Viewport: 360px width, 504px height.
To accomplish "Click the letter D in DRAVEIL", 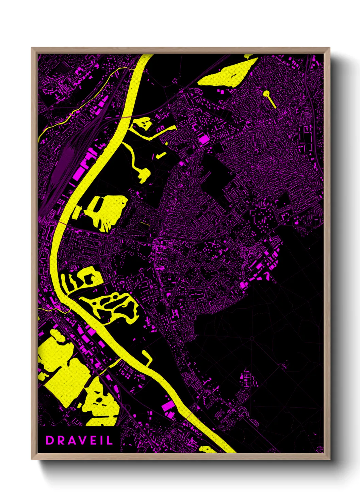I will point(50,440).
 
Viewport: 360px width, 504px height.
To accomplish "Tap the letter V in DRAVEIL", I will point(79,440).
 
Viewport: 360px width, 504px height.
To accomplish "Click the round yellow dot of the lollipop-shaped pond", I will point(266,93).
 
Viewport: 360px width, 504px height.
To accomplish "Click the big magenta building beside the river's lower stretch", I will point(168,406).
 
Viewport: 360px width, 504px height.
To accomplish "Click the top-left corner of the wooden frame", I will point(32,48).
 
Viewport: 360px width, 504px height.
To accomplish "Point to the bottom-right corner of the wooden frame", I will point(329,459).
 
